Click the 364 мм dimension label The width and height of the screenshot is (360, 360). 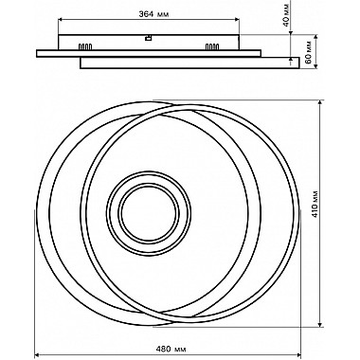(x=153, y=14)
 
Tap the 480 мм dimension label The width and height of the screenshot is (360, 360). (x=171, y=350)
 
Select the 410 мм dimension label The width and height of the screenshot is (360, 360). (x=315, y=205)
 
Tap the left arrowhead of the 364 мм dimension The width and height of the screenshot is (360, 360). (x=61, y=20)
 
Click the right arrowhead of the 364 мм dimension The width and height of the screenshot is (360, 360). (x=237, y=20)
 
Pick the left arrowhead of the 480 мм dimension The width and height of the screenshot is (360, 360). (x=37, y=355)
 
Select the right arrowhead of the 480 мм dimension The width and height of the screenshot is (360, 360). (x=297, y=355)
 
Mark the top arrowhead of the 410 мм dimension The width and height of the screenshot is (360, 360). (x=321, y=103)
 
